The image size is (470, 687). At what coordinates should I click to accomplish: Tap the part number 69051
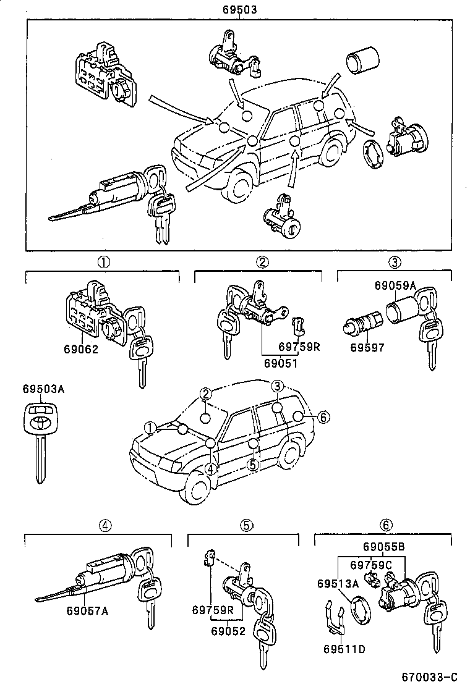[279, 364]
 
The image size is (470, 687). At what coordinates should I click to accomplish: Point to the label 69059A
[395, 285]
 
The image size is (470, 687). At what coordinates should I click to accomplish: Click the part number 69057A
[87, 611]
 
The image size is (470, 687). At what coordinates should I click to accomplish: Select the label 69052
[229, 631]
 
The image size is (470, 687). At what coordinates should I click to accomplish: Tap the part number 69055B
[383, 547]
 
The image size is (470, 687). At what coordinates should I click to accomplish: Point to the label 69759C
[371, 565]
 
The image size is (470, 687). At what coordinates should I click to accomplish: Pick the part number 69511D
[343, 649]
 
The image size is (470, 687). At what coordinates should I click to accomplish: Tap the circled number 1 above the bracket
[103, 261]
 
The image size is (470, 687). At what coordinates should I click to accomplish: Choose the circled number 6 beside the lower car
[322, 417]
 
